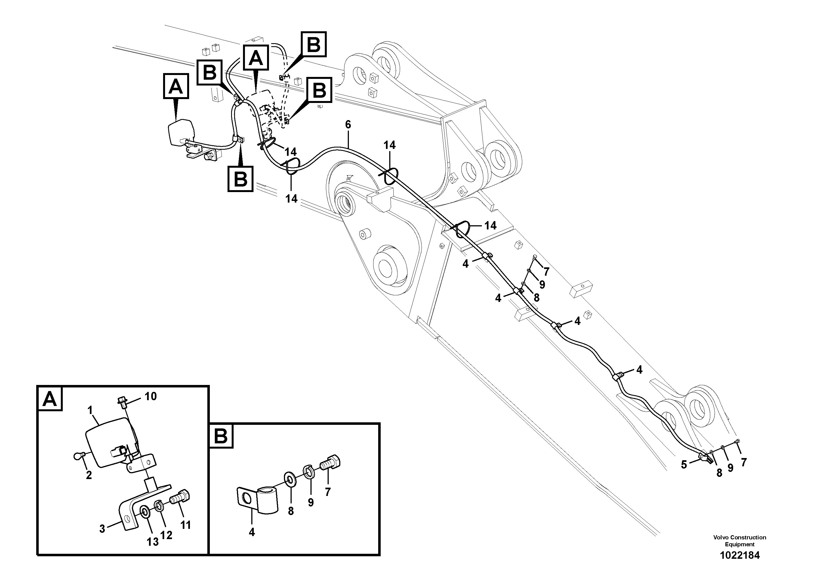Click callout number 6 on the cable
348,125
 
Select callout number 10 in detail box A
151,397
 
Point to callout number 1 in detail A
90,410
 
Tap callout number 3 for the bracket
102,529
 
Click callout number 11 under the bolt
185,525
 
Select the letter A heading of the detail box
50,399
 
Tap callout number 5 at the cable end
684,465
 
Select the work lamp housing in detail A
108,443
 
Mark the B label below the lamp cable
240,178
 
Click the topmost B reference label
314,45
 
